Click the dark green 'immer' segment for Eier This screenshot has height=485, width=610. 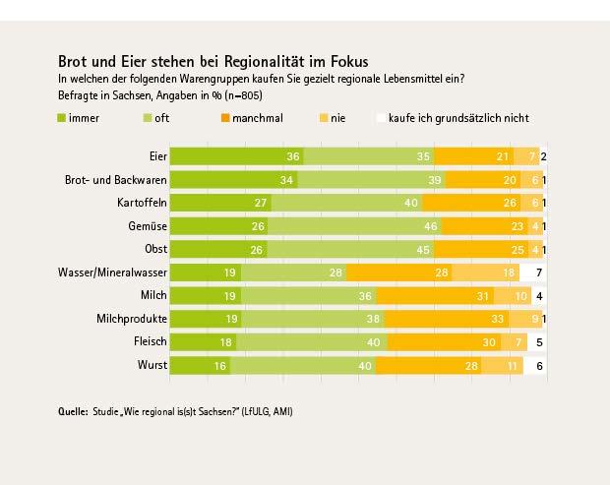pos(236,156)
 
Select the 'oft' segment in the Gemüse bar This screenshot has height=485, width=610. pos(349,225)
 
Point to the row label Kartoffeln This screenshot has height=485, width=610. pos(142,203)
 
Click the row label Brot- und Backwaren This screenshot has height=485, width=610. pos(115,180)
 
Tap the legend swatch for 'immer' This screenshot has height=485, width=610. pos(62,118)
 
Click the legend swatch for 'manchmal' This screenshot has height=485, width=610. pos(224,118)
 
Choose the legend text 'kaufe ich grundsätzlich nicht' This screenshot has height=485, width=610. pos(458,118)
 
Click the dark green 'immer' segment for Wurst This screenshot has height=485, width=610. pos(192,365)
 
